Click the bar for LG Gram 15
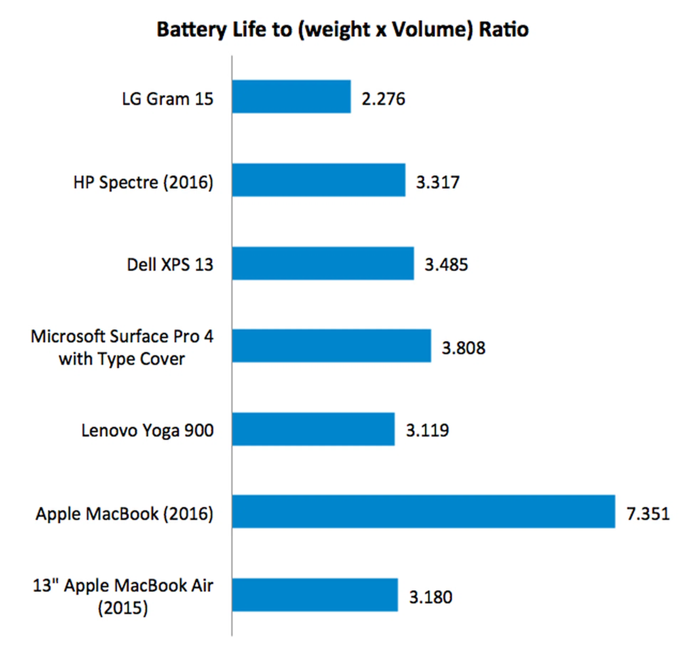point(291,97)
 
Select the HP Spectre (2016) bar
point(318,180)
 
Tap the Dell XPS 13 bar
point(323,263)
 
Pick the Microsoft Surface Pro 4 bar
point(331,346)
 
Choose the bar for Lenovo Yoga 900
point(313,429)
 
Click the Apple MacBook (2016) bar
point(423,512)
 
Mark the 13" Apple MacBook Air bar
point(315,595)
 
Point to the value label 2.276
point(383,99)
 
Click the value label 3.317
point(438,182)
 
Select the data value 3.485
point(446,265)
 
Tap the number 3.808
point(463,348)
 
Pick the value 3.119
point(427,430)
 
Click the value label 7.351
point(648,514)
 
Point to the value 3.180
point(431,597)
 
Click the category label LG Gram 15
point(167,99)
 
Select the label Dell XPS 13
point(170,265)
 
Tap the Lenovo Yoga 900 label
point(147,430)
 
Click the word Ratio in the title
point(503,29)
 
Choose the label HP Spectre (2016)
point(143,182)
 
